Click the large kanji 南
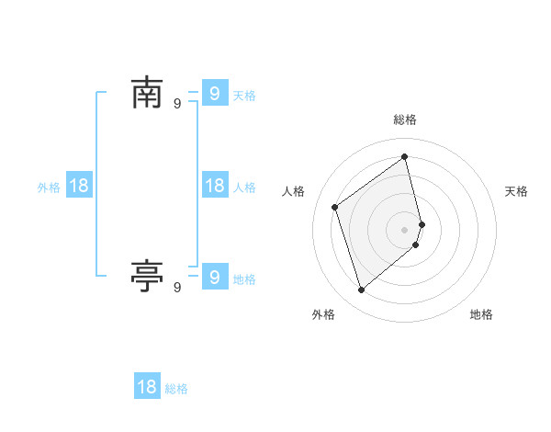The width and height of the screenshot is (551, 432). coord(147,93)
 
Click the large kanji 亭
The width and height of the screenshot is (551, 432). coord(147,275)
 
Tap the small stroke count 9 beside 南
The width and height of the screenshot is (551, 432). coord(177,104)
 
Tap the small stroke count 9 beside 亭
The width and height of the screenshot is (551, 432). coord(177,288)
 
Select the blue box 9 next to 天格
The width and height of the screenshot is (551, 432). coord(214,93)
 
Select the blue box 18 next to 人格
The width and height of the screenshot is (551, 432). coord(214,186)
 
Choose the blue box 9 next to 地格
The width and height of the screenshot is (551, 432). coord(214,275)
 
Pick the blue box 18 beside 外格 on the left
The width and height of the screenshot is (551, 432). coord(79,186)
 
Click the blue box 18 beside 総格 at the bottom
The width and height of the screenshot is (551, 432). coord(147,387)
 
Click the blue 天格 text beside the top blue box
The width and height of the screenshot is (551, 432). coord(244,96)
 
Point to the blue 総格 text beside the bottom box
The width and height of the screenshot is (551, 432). coord(176,390)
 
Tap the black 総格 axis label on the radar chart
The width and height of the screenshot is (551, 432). coord(405,119)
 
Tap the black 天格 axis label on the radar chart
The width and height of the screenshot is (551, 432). coord(516,191)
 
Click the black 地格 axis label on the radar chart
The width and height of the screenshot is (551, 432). coord(481,314)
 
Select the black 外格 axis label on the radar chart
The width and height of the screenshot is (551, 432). coord(323,314)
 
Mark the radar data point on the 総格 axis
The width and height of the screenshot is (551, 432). coord(405,156)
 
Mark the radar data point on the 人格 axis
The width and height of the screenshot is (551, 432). coord(335,207)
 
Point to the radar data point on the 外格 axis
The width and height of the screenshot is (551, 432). coord(361,290)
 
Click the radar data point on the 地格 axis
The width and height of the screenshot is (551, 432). coord(416,244)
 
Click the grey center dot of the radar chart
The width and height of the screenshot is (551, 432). coord(405,229)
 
